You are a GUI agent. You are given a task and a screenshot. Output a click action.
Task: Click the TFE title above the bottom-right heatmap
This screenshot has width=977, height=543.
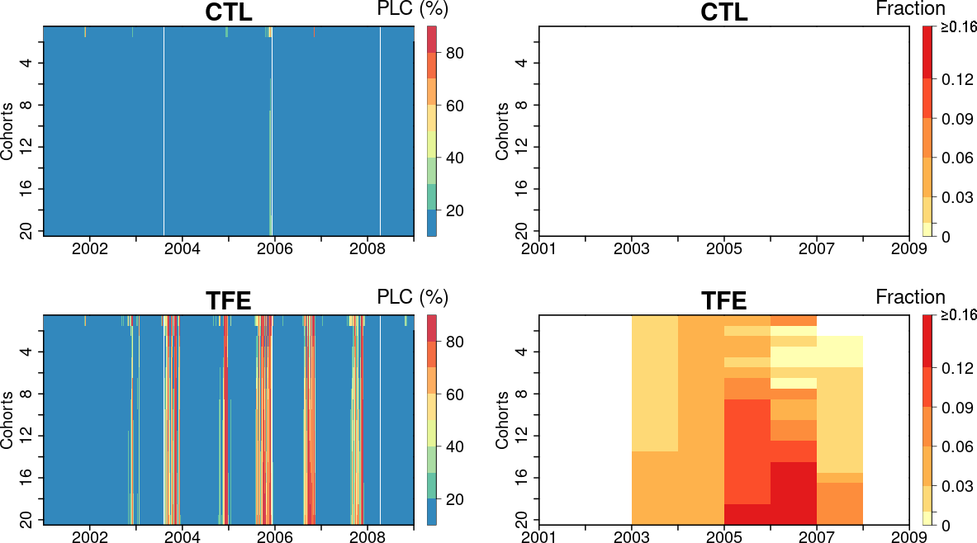[723, 301]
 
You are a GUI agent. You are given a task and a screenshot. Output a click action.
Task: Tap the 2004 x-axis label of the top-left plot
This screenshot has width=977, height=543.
[182, 250]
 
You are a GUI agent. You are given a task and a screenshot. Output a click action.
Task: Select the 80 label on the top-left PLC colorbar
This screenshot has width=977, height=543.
[455, 54]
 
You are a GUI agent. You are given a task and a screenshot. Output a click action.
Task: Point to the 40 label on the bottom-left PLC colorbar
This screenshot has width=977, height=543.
[455, 447]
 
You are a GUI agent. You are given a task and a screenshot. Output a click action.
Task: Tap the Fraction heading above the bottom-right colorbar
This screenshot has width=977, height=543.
[910, 297]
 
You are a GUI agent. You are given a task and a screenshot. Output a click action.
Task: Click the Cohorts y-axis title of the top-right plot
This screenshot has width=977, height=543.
[502, 130]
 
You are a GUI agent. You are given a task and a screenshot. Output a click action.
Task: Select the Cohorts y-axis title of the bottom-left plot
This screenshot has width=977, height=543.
[7, 419]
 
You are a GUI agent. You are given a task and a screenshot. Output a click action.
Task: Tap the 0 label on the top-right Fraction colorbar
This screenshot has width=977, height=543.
[945, 237]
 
